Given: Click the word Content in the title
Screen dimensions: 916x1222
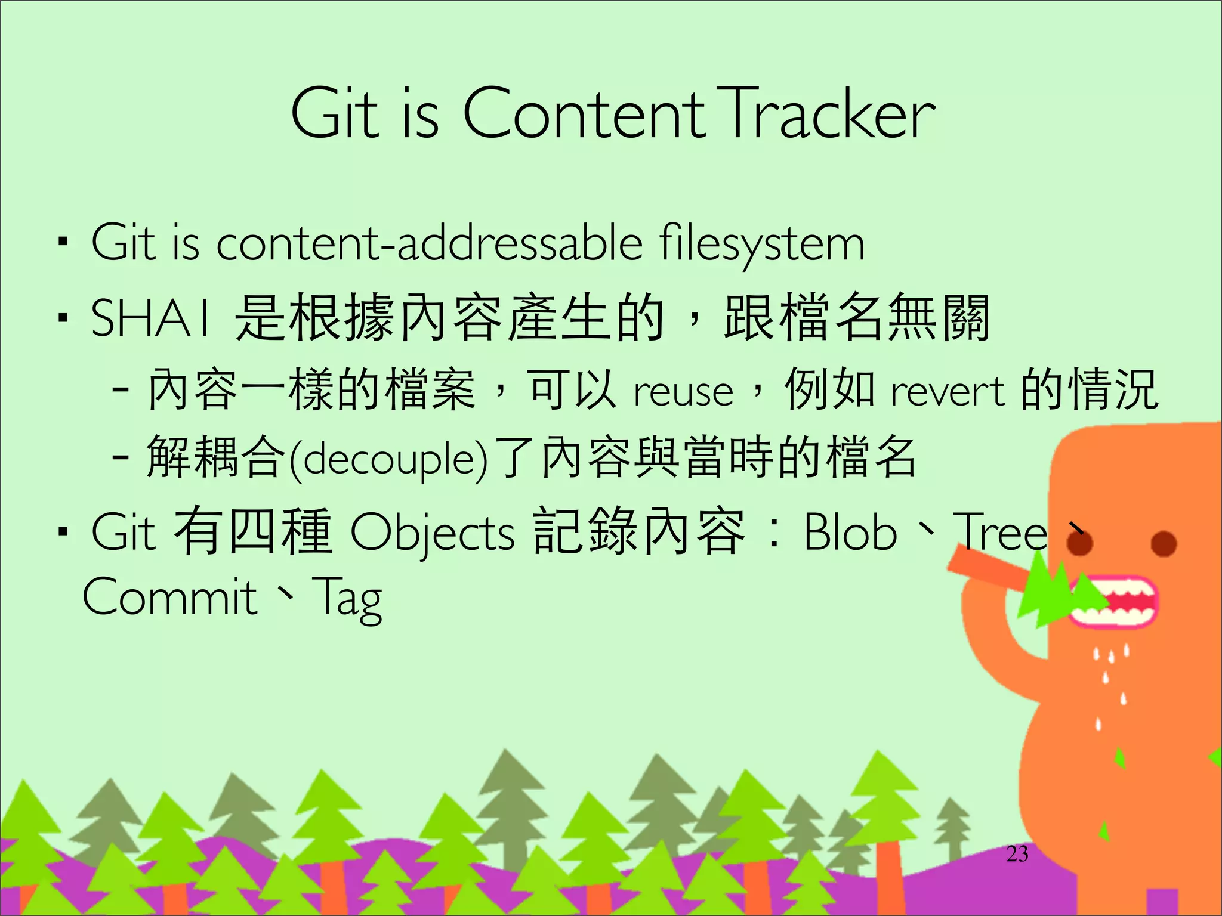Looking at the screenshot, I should click(x=583, y=113).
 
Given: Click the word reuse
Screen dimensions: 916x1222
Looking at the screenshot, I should click(x=683, y=392).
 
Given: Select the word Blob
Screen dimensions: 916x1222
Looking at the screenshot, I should click(x=850, y=531).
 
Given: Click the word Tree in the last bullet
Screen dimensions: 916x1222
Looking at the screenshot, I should click(x=1001, y=531).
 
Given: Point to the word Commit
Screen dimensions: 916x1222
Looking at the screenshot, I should click(x=169, y=597).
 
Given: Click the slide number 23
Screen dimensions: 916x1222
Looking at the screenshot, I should click(x=1017, y=854).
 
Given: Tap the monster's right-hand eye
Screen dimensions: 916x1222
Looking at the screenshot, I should click(x=1164, y=544).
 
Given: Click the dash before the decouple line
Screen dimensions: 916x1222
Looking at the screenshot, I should click(x=121, y=458).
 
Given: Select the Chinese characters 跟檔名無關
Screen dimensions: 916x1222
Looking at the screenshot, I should click(x=857, y=317).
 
